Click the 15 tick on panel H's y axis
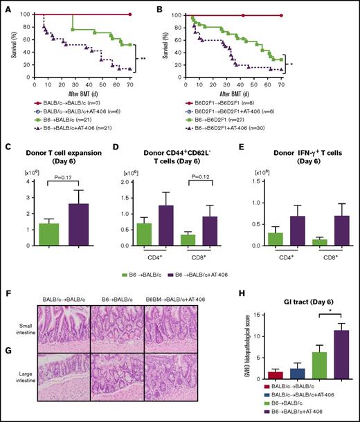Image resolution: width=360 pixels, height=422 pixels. pos(253,315)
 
